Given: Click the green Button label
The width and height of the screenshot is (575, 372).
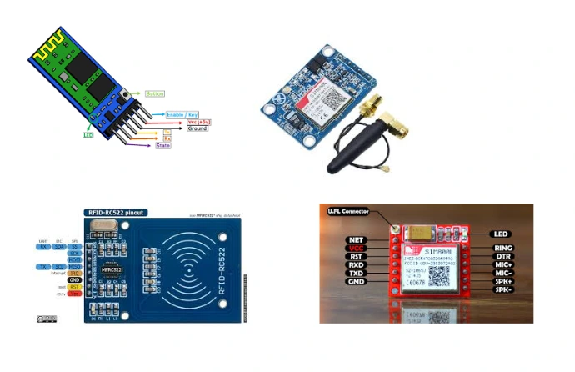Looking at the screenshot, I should pyautogui.click(x=155, y=93).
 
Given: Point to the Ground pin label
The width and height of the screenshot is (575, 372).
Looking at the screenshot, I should pyautogui.click(x=197, y=128).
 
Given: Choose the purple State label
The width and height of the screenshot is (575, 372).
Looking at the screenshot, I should pyautogui.click(x=163, y=145).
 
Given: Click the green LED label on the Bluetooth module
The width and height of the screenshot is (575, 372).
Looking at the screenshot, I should pyautogui.click(x=87, y=134).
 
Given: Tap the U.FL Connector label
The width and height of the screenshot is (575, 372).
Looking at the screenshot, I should pyautogui.click(x=350, y=211).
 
